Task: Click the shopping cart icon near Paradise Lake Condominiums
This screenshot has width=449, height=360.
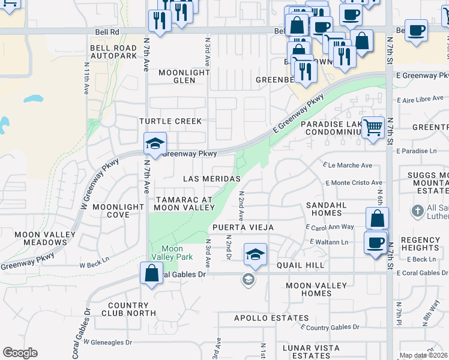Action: (373, 127)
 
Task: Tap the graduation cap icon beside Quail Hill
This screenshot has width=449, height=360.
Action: (255, 253)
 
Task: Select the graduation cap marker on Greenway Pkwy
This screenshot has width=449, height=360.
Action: (155, 143)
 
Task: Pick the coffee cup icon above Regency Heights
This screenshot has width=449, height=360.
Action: (376, 242)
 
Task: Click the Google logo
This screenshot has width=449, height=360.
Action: (20, 353)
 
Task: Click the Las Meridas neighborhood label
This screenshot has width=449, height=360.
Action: (212, 179)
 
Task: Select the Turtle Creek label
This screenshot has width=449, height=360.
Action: (170, 121)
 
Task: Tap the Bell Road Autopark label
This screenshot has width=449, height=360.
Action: (113, 52)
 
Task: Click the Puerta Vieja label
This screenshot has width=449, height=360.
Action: (243, 227)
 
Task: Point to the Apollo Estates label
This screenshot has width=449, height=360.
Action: (263, 318)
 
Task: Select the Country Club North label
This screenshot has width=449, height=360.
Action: (128, 309)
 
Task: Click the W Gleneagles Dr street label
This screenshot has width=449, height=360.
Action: (107, 342)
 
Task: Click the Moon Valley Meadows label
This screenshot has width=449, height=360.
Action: (41, 238)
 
